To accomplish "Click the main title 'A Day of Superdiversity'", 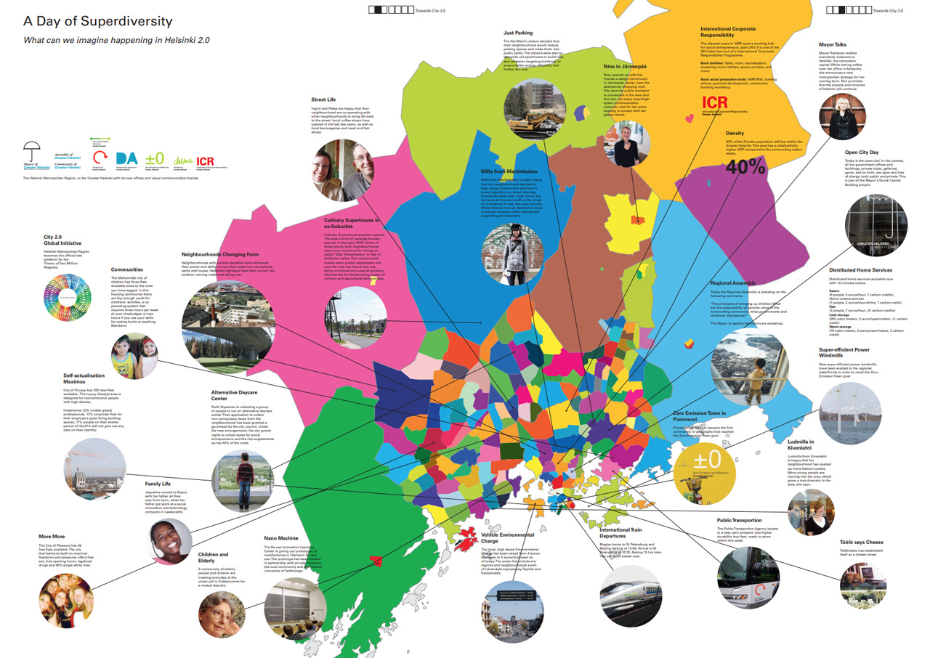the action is pyautogui.click(x=98, y=21).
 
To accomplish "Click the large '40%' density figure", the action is pyautogui.click(x=745, y=166).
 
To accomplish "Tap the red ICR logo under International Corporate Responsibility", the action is pyautogui.click(x=715, y=102).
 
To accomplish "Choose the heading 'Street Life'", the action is pyautogui.click(x=323, y=99).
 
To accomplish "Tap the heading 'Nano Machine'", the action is pyautogui.click(x=281, y=538).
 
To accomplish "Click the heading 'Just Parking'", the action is pyautogui.click(x=518, y=33).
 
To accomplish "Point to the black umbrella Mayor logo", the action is pyautogui.click(x=31, y=153).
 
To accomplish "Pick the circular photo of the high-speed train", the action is pyautogui.click(x=628, y=594).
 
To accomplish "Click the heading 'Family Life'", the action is pyautogui.click(x=158, y=483).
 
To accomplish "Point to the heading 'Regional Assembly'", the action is pyautogui.click(x=735, y=283).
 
